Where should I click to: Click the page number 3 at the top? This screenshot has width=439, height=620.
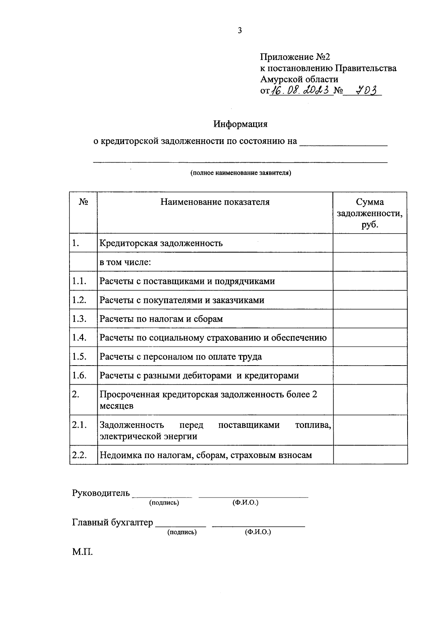pyautogui.click(x=240, y=31)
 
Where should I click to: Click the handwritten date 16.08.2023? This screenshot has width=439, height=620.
pyautogui.click(x=301, y=90)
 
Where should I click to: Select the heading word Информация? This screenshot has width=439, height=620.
pyautogui.click(x=240, y=124)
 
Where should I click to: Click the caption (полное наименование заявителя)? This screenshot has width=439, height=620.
pyautogui.click(x=240, y=173)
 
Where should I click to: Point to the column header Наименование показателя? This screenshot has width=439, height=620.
pyautogui.click(x=215, y=202)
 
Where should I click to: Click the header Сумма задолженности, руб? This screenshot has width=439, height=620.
pyautogui.click(x=370, y=213)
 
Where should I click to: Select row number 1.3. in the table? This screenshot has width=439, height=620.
pyautogui.click(x=79, y=319)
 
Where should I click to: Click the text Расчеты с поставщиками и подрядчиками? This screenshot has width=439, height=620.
pyautogui.click(x=187, y=281)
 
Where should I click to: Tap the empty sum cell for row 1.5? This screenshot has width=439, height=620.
pyautogui.click(x=370, y=356)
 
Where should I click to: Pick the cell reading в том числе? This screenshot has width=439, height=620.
pyautogui.click(x=125, y=262)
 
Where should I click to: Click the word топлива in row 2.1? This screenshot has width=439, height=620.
pyautogui.click(x=313, y=425)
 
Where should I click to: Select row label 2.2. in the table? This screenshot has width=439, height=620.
pyautogui.click(x=79, y=455)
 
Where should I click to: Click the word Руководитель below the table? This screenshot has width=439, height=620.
pyautogui.click(x=101, y=493)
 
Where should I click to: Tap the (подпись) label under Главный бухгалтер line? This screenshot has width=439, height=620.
pyautogui.click(x=182, y=532)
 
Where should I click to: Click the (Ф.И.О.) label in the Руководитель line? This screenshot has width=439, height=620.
pyautogui.click(x=245, y=503)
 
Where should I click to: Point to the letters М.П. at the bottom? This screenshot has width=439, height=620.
pyautogui.click(x=82, y=552)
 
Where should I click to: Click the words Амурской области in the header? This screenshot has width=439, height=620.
pyautogui.click(x=299, y=79)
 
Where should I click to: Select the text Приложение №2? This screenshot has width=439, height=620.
pyautogui.click(x=295, y=57)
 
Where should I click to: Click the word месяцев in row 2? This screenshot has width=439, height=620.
pyautogui.click(x=117, y=406)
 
